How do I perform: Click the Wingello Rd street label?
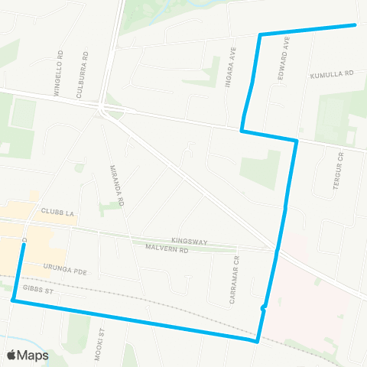58,73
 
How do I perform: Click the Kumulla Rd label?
333,75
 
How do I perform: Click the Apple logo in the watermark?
12,356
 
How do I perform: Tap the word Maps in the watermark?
34,356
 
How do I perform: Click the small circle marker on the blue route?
264,308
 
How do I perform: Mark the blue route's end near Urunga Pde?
24,245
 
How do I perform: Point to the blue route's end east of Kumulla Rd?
355,24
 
